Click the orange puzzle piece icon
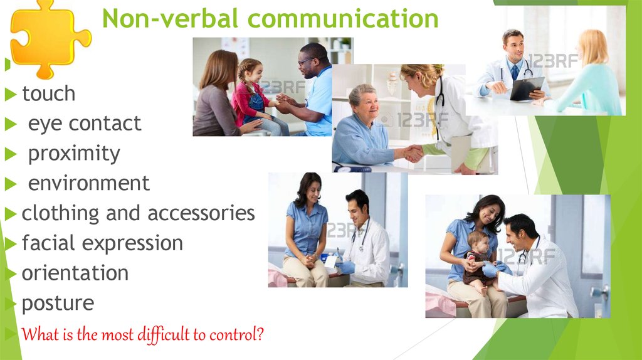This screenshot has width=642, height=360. click(x=49, y=39)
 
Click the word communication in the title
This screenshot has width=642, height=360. click(x=343, y=19)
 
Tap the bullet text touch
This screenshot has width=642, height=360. click(x=48, y=93)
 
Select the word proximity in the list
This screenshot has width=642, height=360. click(x=74, y=154)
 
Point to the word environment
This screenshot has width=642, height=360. click(x=89, y=183)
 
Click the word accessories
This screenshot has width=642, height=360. click(x=201, y=213)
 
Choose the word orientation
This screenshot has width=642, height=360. click(x=75, y=273)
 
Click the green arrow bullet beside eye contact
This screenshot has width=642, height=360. click(x=11, y=124)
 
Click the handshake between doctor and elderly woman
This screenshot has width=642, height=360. click(x=413, y=154)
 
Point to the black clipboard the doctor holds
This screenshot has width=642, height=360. click(x=527, y=88)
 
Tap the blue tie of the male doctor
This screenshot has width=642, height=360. click(x=515, y=73)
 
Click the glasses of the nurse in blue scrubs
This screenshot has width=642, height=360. click(x=306, y=62)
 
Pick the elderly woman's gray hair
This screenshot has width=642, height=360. click(x=362, y=93)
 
